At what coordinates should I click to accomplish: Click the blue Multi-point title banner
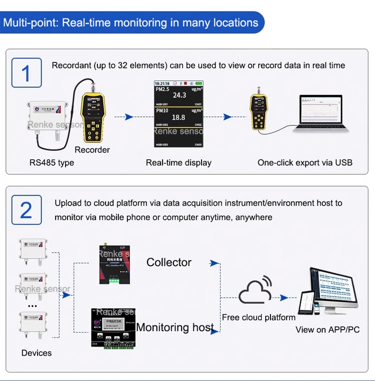click(131, 23)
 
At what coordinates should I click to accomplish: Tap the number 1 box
click(26, 73)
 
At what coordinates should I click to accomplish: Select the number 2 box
click(26, 210)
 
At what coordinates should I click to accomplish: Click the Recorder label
click(92, 150)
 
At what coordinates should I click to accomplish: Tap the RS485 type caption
click(51, 162)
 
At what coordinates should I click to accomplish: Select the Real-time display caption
click(178, 162)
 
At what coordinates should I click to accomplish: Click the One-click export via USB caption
click(304, 162)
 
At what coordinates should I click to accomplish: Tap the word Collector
click(169, 262)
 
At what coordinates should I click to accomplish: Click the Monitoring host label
click(175, 328)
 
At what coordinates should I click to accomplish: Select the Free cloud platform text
click(259, 317)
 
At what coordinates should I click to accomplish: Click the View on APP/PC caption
click(327, 330)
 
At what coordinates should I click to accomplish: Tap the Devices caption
click(36, 353)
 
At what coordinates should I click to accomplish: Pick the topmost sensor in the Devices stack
click(33, 250)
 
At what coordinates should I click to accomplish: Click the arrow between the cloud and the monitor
click(284, 298)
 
